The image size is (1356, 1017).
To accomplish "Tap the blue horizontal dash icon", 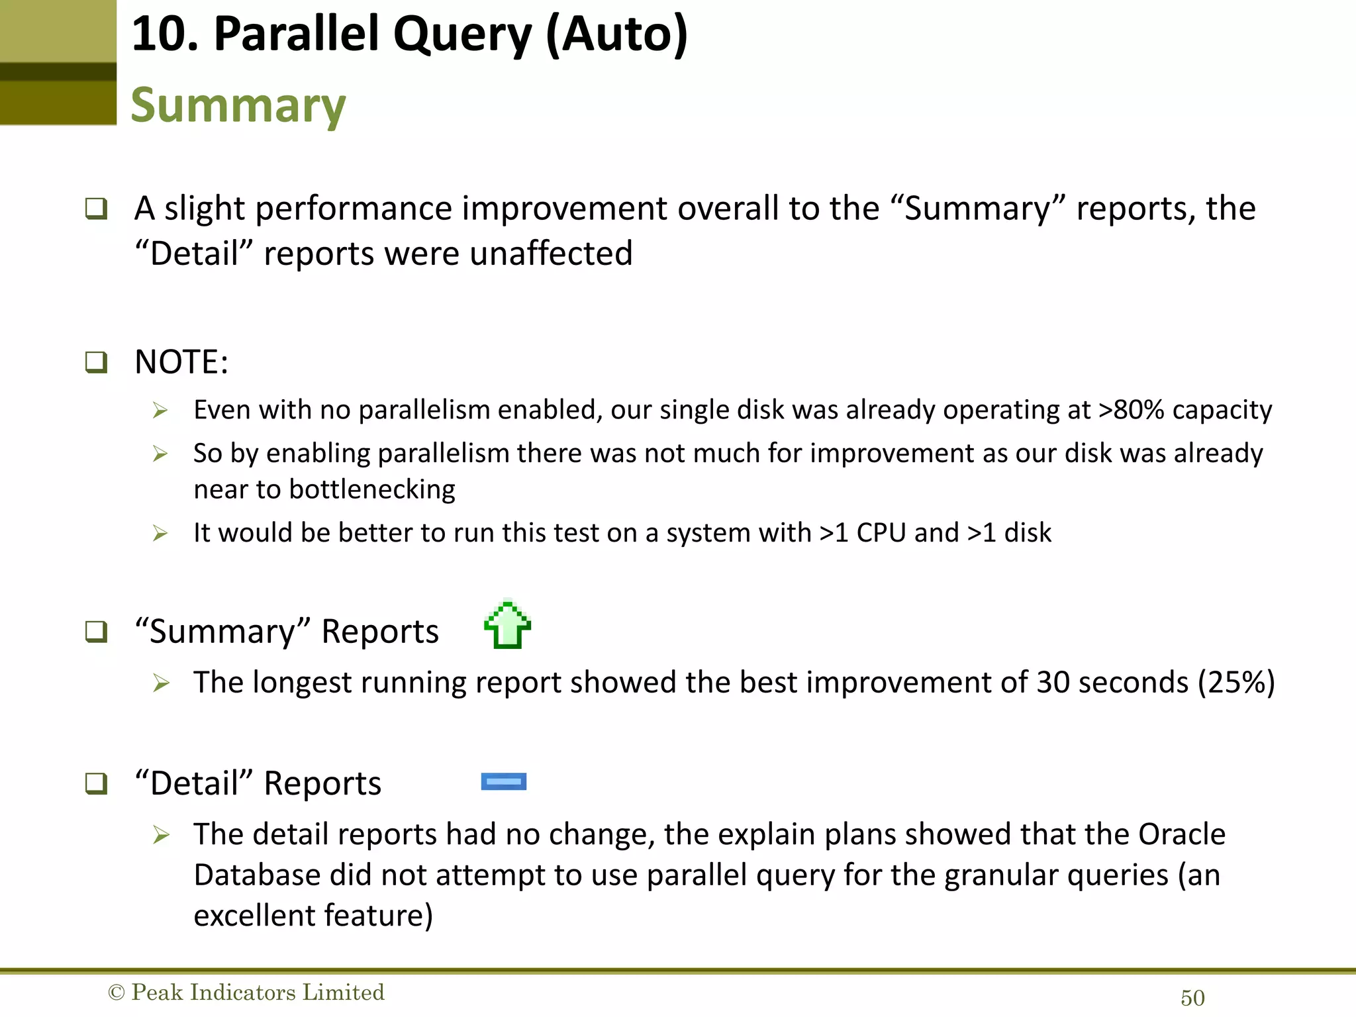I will click(504, 782).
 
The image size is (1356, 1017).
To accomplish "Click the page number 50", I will click(1192, 998).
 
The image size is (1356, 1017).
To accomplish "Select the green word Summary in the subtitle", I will click(238, 106).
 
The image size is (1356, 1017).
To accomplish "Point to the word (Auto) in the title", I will click(617, 34).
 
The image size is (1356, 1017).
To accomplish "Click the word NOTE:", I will click(181, 362).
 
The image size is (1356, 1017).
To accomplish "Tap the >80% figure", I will click(1131, 411).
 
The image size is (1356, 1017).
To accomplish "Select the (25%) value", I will click(1236, 683).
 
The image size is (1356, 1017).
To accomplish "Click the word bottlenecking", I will click(372, 490).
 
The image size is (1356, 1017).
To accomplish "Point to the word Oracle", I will click(1182, 834).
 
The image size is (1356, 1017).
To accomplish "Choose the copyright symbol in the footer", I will click(116, 993).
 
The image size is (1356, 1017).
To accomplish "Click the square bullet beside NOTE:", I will click(96, 362).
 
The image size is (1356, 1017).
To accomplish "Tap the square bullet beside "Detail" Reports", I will click(96, 783).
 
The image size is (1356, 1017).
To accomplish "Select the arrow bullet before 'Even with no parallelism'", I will click(160, 411).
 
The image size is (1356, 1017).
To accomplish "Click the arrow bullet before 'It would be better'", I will click(160, 533).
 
